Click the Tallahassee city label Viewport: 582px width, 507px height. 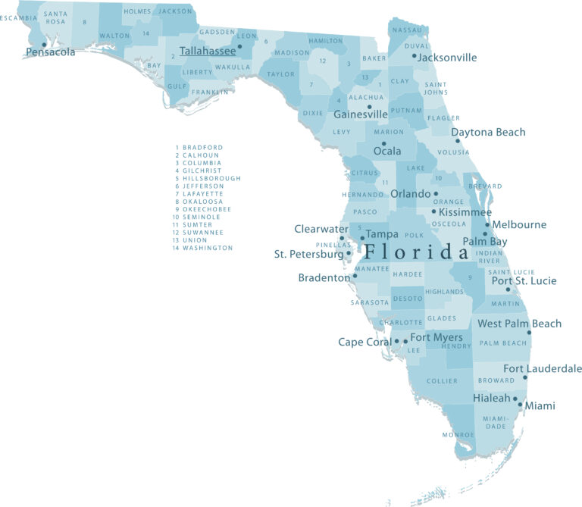click(207, 52)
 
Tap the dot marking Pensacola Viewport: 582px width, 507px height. click(44, 44)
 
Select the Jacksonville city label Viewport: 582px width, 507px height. click(448, 58)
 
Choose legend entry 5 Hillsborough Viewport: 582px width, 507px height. click(208, 178)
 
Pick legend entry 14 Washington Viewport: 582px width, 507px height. click(204, 248)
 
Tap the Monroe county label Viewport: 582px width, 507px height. click(458, 434)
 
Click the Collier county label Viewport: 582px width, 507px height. click(442, 380)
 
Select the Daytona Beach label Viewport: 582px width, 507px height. click(488, 133)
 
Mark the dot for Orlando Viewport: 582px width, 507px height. click(436, 194)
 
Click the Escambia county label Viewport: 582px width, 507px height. click(18, 17)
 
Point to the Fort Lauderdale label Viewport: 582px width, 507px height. click(543, 369)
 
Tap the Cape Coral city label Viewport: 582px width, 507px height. click(365, 343)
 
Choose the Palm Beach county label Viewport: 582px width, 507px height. click(503, 343)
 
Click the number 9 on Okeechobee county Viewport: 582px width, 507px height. click(470, 277)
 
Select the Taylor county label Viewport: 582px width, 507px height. click(281, 74)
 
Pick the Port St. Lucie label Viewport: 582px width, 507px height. click(524, 281)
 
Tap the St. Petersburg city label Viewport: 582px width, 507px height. click(308, 255)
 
